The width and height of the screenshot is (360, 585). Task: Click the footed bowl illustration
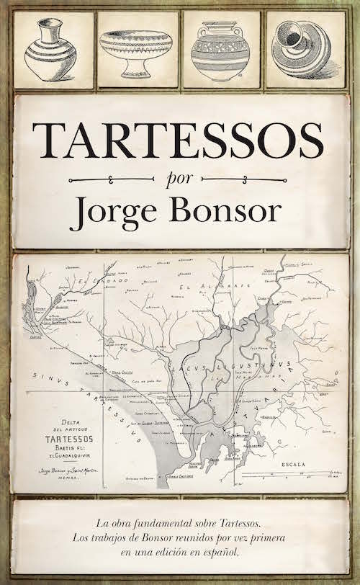(x=137, y=50)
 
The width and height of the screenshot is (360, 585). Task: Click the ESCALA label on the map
(x=295, y=458)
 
